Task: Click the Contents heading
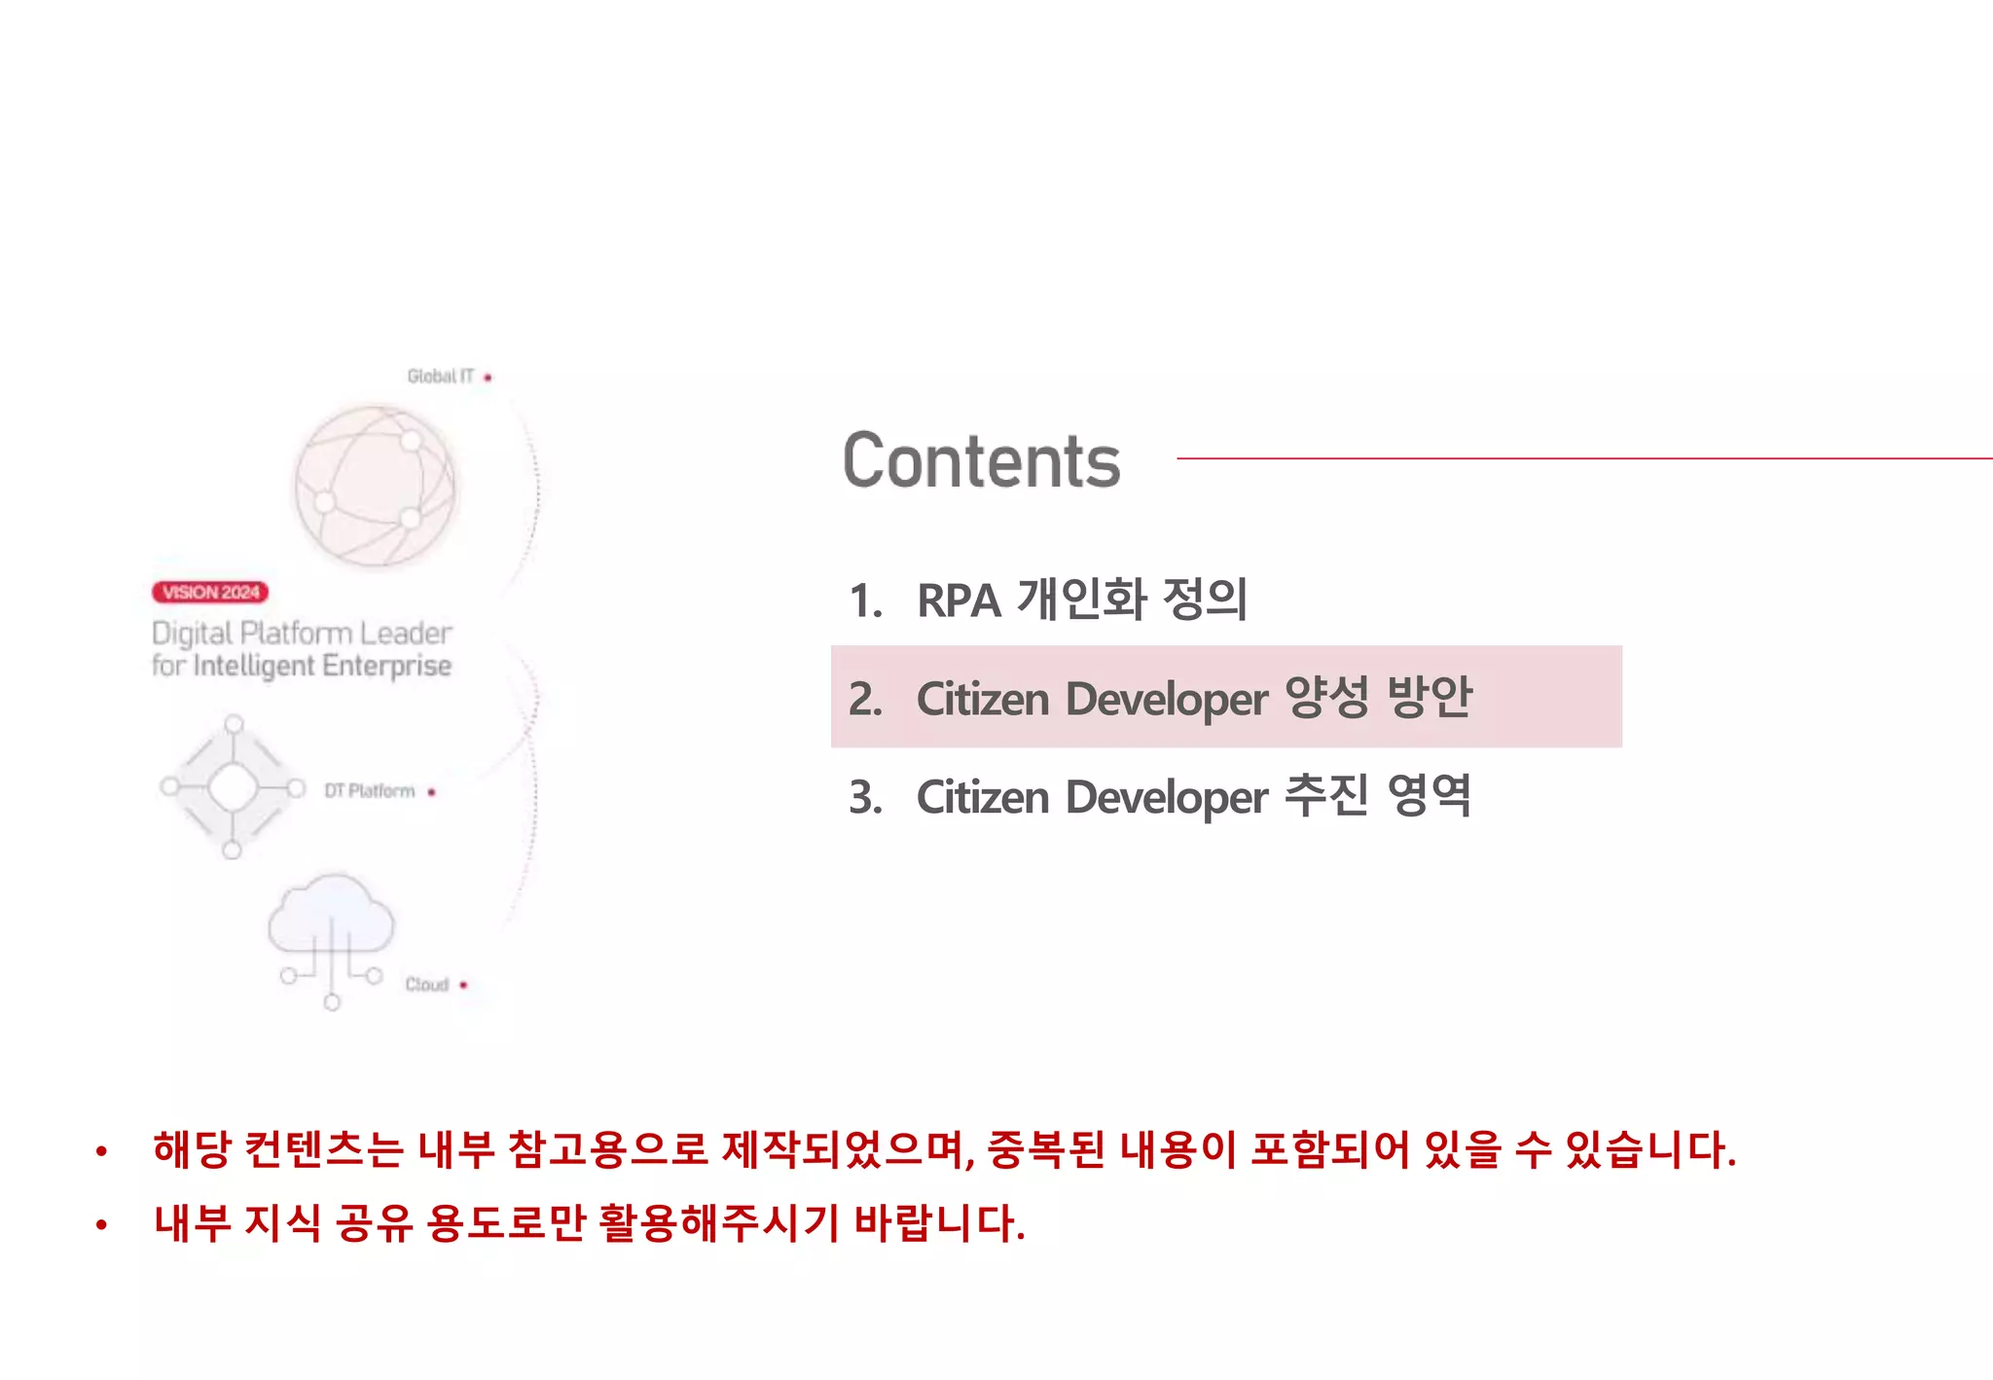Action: [981, 461]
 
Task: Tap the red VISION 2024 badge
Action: [210, 592]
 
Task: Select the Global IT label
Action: [440, 377]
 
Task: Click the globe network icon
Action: [375, 485]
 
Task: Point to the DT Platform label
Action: [370, 791]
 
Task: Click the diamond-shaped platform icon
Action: [233, 787]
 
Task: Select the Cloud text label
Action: [426, 985]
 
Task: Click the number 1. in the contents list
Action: [865, 600]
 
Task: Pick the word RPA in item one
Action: [959, 600]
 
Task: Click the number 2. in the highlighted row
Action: [865, 699]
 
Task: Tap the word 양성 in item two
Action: [1326, 697]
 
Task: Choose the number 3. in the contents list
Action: [865, 798]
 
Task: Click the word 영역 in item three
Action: [1429, 796]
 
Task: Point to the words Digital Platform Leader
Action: [302, 634]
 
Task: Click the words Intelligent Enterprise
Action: [322, 667]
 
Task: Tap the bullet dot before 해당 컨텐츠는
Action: [101, 1152]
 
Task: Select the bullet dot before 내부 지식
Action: [101, 1225]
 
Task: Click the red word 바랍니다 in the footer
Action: [939, 1223]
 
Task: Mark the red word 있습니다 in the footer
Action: [1649, 1149]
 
